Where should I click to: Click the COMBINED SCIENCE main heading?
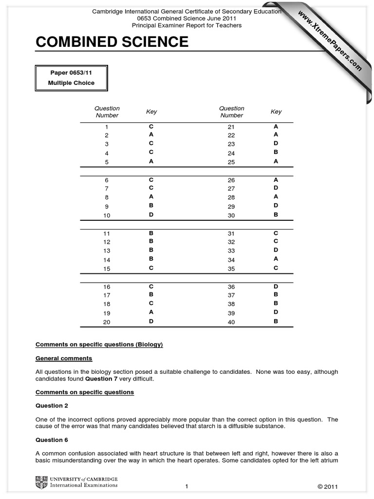[x=112, y=42]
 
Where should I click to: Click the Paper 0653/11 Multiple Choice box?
[x=71, y=78]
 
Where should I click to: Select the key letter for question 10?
[x=151, y=215]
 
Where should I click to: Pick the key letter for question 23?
[x=276, y=143]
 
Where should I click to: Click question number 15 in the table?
[x=107, y=269]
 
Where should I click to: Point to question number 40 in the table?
[x=231, y=322]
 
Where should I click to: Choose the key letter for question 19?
[x=151, y=312]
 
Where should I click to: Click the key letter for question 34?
[x=276, y=259]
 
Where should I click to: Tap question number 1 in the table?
[x=107, y=127]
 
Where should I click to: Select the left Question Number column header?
[x=107, y=112]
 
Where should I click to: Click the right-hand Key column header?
[x=276, y=112]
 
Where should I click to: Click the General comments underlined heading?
[x=64, y=358]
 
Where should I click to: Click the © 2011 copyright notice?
[x=327, y=486]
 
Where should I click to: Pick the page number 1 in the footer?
[x=187, y=486]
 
